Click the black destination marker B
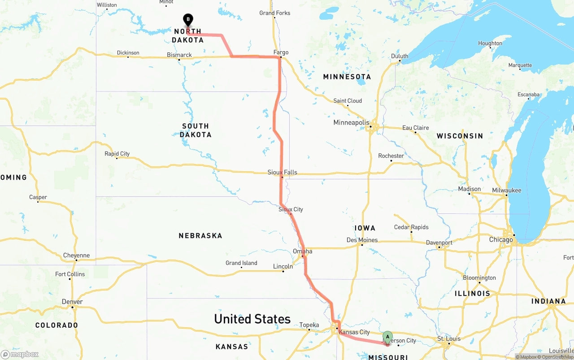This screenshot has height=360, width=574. click(x=188, y=20)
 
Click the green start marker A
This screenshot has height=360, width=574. click(x=387, y=337)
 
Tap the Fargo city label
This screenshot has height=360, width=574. click(x=281, y=52)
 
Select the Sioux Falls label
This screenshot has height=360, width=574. click(x=282, y=172)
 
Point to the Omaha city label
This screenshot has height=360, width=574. click(x=302, y=251)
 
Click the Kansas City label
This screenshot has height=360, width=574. click(x=354, y=332)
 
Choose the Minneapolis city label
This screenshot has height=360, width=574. click(x=351, y=122)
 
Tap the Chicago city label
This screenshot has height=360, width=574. click(x=500, y=239)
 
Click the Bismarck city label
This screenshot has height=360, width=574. click(x=179, y=55)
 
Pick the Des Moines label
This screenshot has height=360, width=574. click(x=362, y=240)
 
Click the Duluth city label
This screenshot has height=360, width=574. click(x=400, y=56)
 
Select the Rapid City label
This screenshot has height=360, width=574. click(x=117, y=154)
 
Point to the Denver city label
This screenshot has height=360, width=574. click(x=72, y=302)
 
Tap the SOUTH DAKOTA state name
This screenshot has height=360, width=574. click(x=196, y=130)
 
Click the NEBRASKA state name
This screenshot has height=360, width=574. click(x=200, y=235)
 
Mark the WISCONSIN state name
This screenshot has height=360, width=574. click(x=460, y=136)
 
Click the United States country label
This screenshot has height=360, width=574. click(x=252, y=319)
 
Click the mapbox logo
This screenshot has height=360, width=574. click(x=20, y=354)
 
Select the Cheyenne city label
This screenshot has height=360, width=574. click(x=76, y=256)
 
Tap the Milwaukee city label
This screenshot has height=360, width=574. click(x=506, y=190)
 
